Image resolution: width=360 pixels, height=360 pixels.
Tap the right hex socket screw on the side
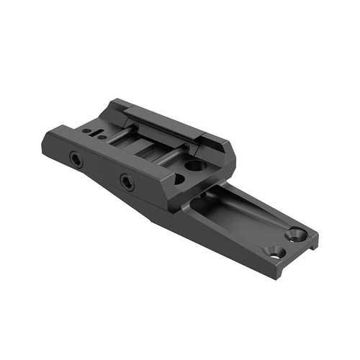[127, 182]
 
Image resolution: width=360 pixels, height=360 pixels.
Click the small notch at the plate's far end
[315, 243]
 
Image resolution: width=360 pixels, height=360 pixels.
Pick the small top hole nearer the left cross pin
[102, 137]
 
